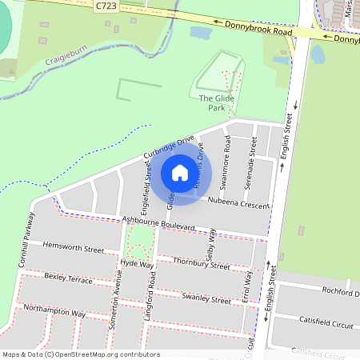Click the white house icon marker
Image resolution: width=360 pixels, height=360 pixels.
coord(179,173)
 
